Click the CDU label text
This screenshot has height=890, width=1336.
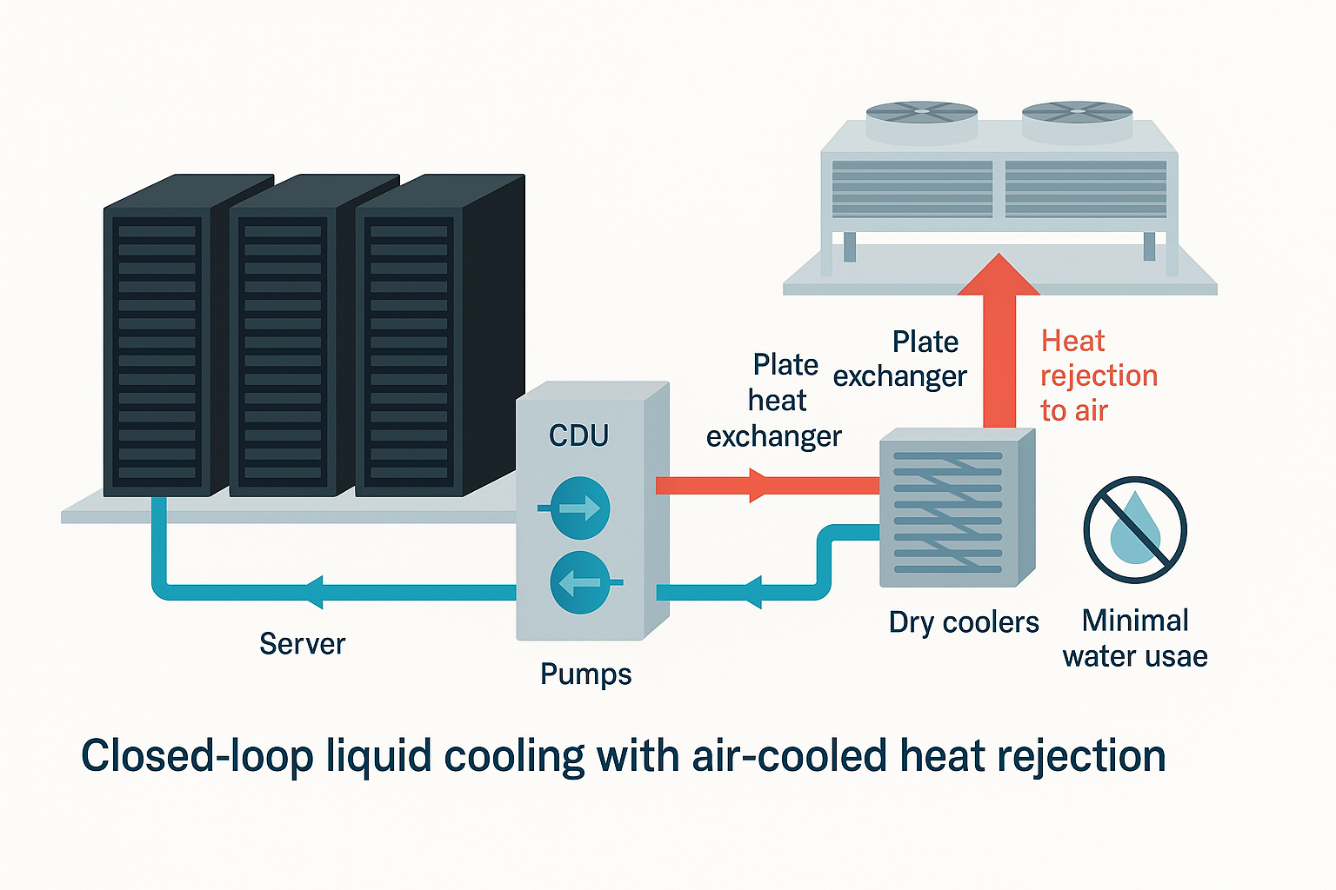[578, 435]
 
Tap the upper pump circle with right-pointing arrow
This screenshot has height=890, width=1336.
[580, 508]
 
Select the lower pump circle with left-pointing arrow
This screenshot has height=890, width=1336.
[580, 582]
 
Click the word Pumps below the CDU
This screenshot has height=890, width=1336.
[585, 674]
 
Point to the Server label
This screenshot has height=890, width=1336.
[302, 644]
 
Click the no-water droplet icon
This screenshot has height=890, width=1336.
[1135, 529]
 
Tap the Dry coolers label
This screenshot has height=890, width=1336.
[964, 622]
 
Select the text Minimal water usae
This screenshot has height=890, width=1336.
[1135, 639]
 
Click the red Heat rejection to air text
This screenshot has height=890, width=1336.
[1099, 375]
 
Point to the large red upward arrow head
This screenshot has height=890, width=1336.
[999, 276]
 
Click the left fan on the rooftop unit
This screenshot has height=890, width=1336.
[921, 114]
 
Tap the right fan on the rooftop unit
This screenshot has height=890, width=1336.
[1077, 114]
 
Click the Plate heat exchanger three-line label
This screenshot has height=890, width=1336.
[774, 401]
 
